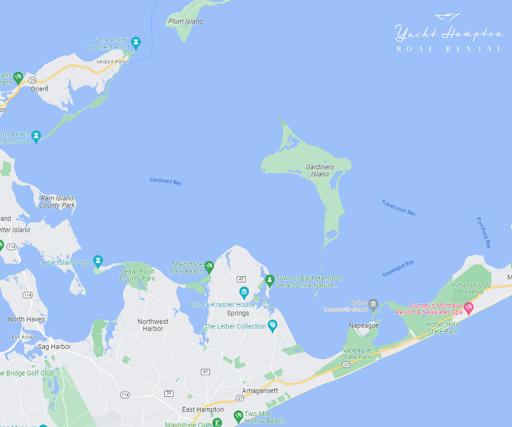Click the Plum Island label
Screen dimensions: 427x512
click(185, 22)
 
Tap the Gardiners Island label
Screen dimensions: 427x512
click(320, 170)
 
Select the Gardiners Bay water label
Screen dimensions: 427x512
click(166, 181)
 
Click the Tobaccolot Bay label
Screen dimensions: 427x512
click(398, 208)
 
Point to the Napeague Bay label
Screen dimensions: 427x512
click(398, 268)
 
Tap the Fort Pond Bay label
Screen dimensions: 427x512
click(484, 232)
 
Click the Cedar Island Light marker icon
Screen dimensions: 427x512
click(98, 261)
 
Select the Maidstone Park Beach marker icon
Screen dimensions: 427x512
click(209, 266)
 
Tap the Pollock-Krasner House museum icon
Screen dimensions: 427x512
click(244, 293)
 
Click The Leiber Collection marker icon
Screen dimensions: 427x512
click(272, 326)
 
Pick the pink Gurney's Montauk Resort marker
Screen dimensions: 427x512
click(469, 308)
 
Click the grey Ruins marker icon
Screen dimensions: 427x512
click(373, 303)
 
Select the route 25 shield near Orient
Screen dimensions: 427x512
click(32, 81)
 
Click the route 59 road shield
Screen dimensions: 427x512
click(169, 393)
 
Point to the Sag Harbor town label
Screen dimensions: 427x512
click(54, 347)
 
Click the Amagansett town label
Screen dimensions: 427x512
click(260, 391)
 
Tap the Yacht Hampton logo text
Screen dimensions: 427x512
click(449, 34)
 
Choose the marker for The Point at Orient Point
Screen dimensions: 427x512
click(135, 42)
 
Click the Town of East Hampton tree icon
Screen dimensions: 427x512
click(270, 280)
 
